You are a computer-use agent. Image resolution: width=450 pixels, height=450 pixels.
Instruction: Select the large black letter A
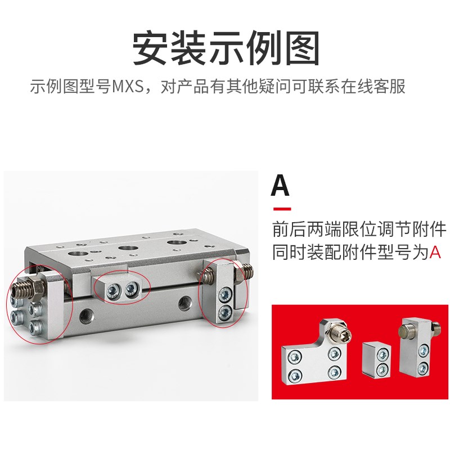tap(280, 186)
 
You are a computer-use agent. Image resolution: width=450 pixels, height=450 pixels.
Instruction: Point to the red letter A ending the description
tap(435, 252)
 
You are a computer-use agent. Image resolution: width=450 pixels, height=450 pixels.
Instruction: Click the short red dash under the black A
tap(281, 209)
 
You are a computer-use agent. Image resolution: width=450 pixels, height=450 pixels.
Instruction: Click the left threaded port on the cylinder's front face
tap(87, 313)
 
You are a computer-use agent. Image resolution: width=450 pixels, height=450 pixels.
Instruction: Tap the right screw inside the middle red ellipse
tap(132, 289)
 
